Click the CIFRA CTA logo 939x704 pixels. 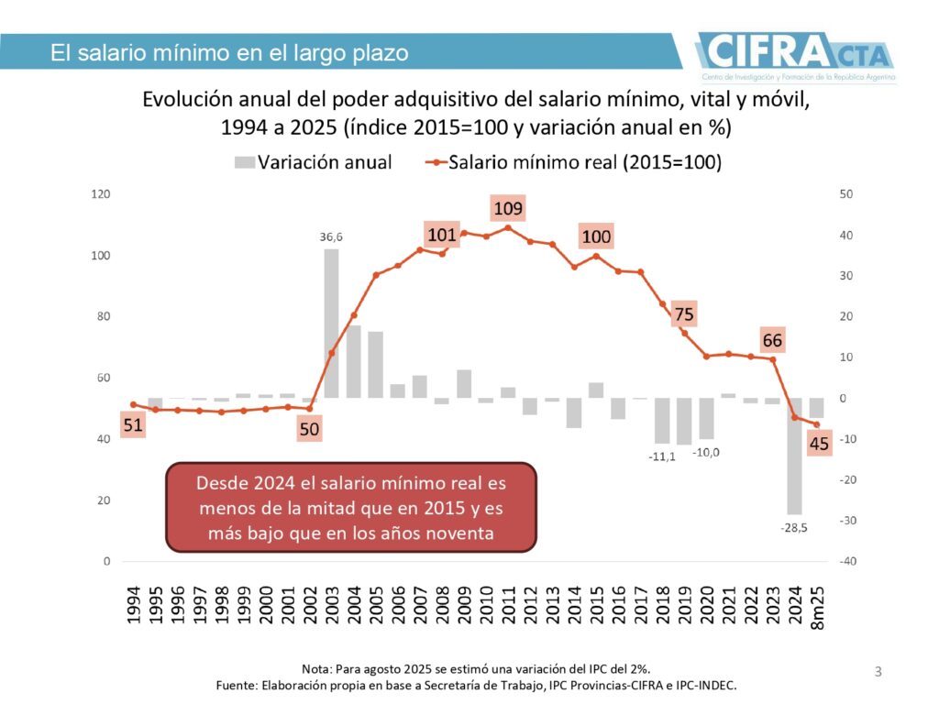tap(795, 53)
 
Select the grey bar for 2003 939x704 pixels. tap(331, 323)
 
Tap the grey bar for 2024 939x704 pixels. tap(794, 456)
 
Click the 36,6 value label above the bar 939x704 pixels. tap(331, 236)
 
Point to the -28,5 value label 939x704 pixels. tap(794, 528)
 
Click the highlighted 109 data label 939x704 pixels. tap(508, 209)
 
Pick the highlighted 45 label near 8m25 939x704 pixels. tap(820, 444)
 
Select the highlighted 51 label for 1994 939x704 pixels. tap(133, 424)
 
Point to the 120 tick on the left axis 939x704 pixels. tap(100, 194)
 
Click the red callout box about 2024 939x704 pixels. tap(350, 507)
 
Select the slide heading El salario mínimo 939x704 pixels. tap(229, 53)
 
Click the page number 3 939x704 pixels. tap(878, 673)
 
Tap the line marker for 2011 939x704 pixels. tap(508, 227)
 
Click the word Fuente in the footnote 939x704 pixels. tap(238, 685)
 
